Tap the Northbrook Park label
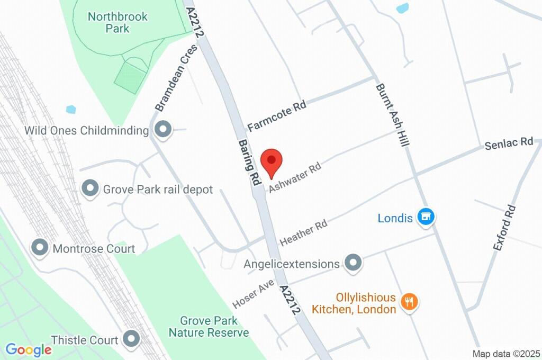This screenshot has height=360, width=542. [x=118, y=22]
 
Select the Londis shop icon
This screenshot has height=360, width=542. [x=426, y=217]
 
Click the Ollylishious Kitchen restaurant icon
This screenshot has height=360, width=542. [x=409, y=303]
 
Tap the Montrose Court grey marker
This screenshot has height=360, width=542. [x=40, y=247]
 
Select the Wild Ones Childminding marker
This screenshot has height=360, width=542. [x=163, y=129]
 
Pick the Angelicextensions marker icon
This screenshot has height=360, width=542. [x=353, y=263]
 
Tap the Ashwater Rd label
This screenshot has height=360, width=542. [x=295, y=177]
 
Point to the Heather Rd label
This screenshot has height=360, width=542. [x=303, y=232]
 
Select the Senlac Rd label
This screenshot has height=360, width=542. [x=509, y=143]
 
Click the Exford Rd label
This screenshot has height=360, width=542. [x=504, y=227]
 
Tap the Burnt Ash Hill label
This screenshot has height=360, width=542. [x=392, y=115]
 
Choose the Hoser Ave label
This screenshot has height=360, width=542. [x=253, y=294]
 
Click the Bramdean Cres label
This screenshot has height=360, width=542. [x=176, y=78]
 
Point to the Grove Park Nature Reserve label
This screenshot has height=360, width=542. [x=209, y=327]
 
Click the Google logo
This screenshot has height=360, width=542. [x=29, y=350]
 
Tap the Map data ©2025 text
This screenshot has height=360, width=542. [x=505, y=354]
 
